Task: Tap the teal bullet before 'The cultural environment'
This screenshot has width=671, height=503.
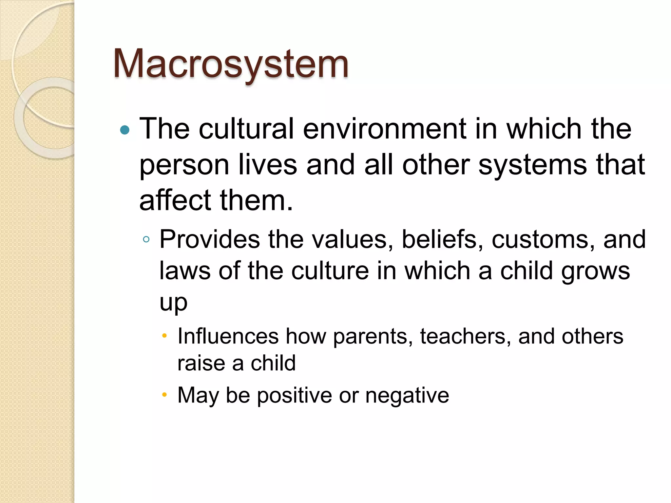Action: (x=125, y=130)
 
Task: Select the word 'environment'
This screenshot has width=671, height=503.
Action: (x=384, y=129)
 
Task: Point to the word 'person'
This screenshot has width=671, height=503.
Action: (x=184, y=165)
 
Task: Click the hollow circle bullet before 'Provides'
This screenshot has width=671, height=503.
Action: (x=146, y=239)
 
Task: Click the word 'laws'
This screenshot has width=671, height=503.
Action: (x=185, y=271)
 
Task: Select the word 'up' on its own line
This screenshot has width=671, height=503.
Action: (x=173, y=303)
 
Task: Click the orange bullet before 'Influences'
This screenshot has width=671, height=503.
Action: (x=164, y=335)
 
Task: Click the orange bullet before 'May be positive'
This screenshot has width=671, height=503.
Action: (x=164, y=394)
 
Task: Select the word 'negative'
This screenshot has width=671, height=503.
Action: (x=407, y=396)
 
